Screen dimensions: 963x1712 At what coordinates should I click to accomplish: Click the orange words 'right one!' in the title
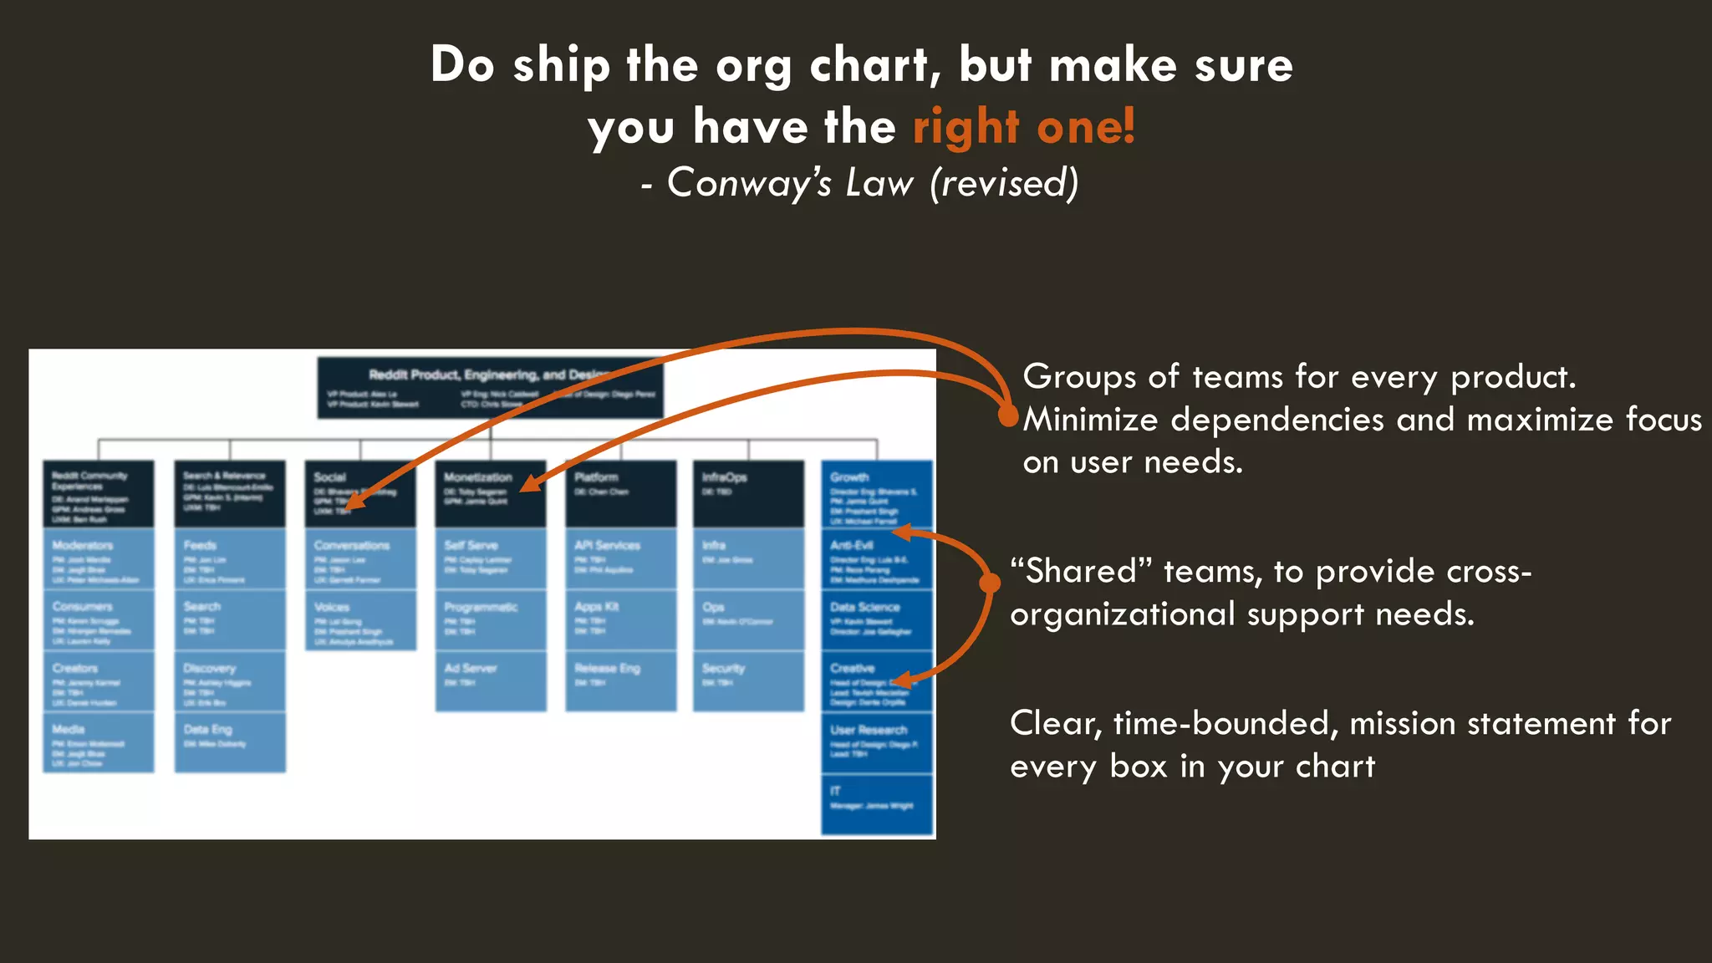pyautogui.click(x=1023, y=127)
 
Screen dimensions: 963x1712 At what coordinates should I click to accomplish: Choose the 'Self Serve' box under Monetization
pyautogui.click(x=491, y=558)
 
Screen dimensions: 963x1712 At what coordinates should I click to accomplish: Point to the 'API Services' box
pyautogui.click(x=621, y=558)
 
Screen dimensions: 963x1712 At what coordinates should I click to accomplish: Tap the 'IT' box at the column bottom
pyautogui.click(x=877, y=803)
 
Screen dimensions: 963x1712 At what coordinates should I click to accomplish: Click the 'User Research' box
pyautogui.click(x=877, y=742)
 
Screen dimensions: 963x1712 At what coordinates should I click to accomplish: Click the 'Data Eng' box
pyautogui.click(x=230, y=742)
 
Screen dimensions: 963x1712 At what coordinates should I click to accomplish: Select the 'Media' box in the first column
pyautogui.click(x=99, y=742)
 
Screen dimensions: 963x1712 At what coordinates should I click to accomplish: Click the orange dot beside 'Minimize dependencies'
pyautogui.click(x=1009, y=415)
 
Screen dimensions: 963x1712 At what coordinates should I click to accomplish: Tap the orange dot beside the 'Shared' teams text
pyautogui.click(x=990, y=583)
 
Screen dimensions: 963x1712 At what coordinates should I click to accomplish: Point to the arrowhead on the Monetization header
pyautogui.click(x=528, y=485)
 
